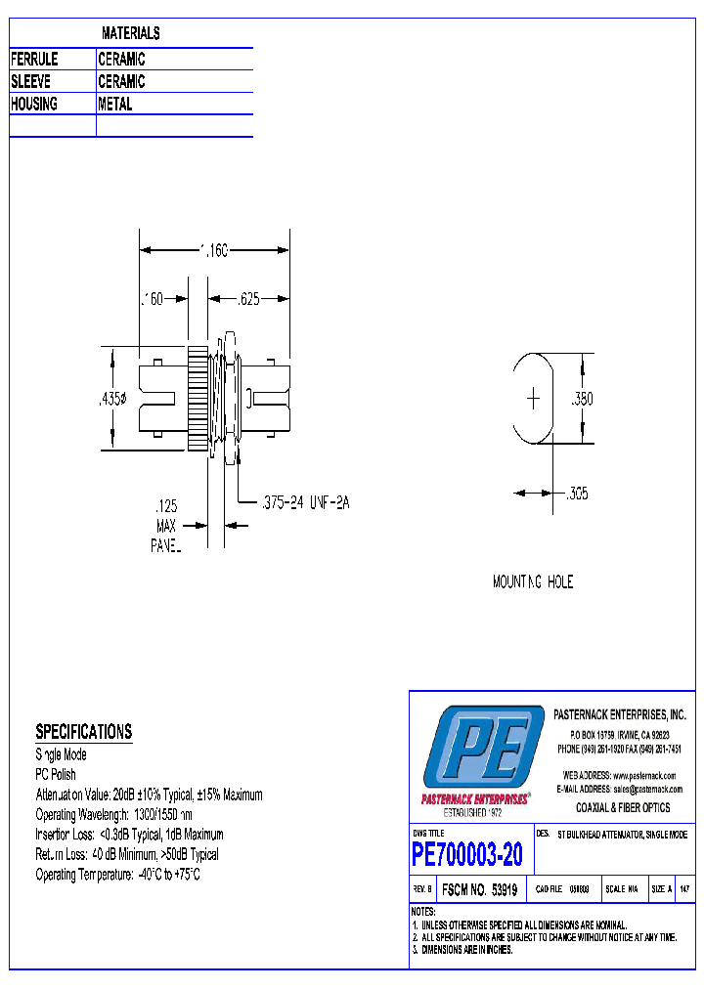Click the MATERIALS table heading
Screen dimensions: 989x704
coord(130,33)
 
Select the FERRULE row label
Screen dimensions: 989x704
coord(34,60)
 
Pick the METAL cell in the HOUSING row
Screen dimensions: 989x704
coord(115,104)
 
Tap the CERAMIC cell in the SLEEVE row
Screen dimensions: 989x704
coord(121,82)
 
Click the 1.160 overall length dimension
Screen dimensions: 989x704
coord(213,251)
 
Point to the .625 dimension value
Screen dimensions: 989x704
coord(248,300)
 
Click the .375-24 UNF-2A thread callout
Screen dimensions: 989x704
coord(306,502)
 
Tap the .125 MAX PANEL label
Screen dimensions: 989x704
coord(166,527)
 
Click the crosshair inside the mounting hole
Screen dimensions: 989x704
coord(534,399)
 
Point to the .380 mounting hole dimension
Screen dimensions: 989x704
coord(583,399)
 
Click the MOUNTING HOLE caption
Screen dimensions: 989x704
coord(533,582)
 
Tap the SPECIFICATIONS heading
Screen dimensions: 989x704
coord(83,732)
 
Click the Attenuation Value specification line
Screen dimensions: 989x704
coord(149,795)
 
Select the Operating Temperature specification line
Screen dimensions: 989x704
coord(117,875)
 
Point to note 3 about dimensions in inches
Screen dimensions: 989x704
coord(463,949)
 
